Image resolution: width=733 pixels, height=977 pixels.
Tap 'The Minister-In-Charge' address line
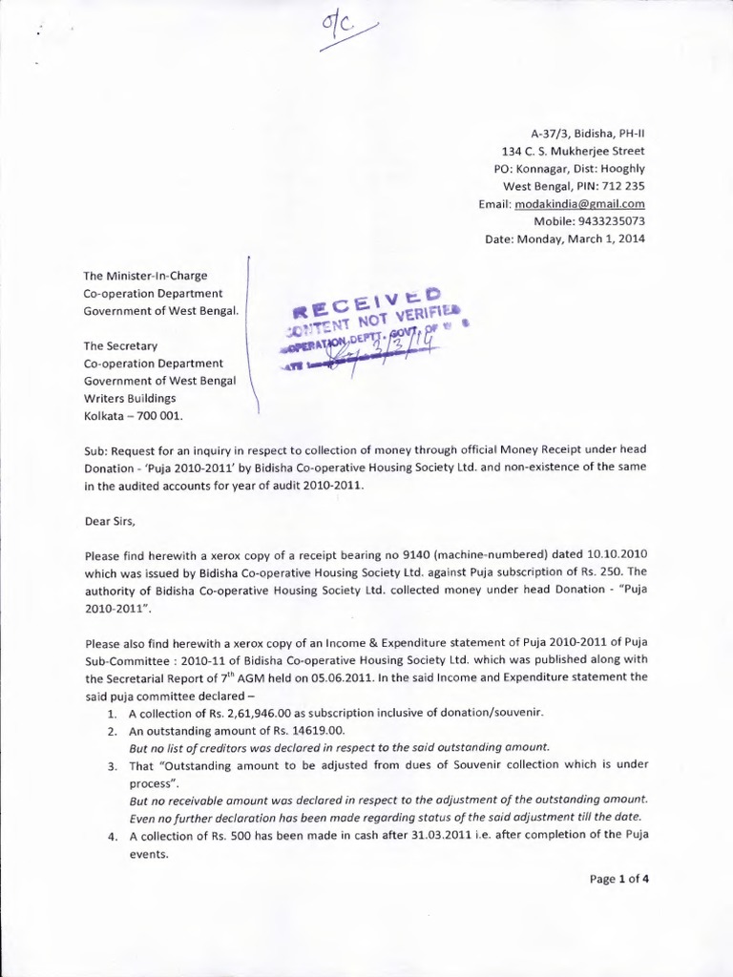point(145,276)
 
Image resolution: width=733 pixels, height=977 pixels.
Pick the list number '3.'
point(112,765)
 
